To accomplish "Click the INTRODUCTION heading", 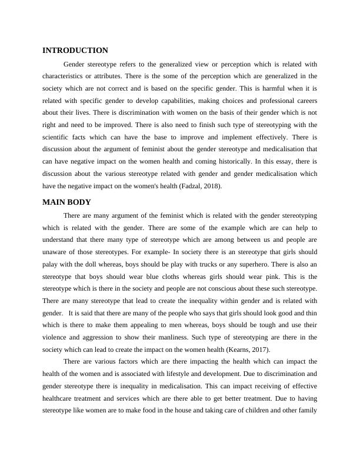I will coord(75,51).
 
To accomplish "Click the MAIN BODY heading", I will coord(66,202).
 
